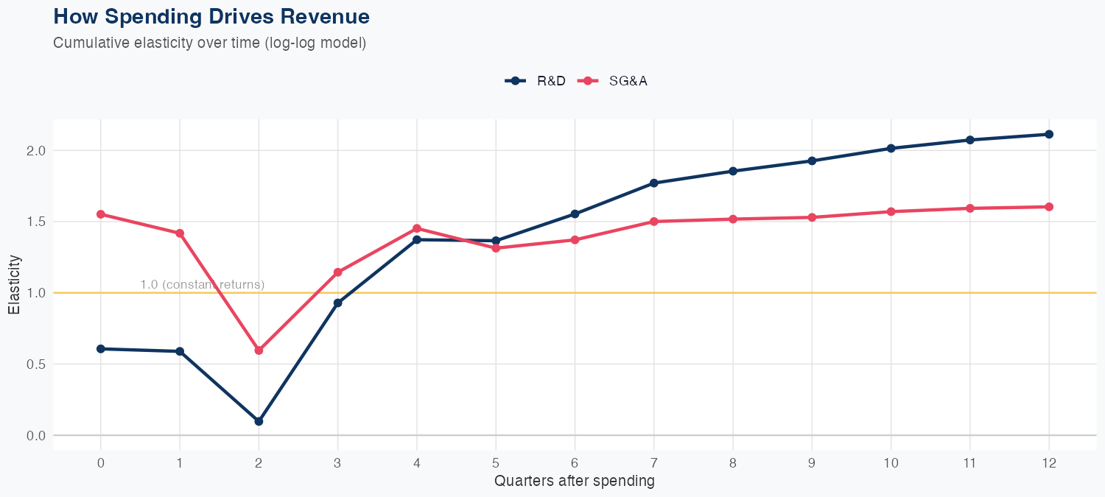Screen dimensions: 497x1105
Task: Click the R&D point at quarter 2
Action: coord(259,421)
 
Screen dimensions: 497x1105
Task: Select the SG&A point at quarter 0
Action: coord(101,214)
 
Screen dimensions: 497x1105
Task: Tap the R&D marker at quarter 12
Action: coord(1049,134)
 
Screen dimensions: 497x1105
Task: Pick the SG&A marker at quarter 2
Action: coord(259,350)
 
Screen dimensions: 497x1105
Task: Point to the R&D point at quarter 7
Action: coord(654,183)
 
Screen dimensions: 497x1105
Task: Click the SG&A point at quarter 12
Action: coord(1049,207)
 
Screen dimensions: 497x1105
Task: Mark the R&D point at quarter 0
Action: coord(101,349)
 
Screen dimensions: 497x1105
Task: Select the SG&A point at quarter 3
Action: coord(338,272)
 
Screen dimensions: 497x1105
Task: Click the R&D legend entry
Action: coord(536,81)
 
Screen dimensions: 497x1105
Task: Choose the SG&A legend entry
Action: coord(614,81)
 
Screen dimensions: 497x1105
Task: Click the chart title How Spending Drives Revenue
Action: coord(211,16)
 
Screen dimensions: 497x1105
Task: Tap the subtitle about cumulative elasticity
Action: coord(210,43)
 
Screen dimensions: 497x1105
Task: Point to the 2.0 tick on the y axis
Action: coord(37,151)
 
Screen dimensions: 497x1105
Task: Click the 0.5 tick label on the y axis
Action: coord(37,364)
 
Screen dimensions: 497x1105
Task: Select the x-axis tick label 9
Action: coord(812,463)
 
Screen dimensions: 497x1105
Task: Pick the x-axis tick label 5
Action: coord(496,463)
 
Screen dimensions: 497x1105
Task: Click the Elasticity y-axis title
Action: coord(14,284)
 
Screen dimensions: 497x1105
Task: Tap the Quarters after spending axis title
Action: coord(575,482)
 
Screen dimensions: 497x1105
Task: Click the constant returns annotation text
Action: coord(202,285)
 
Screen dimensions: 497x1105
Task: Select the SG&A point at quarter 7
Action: coord(654,222)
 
